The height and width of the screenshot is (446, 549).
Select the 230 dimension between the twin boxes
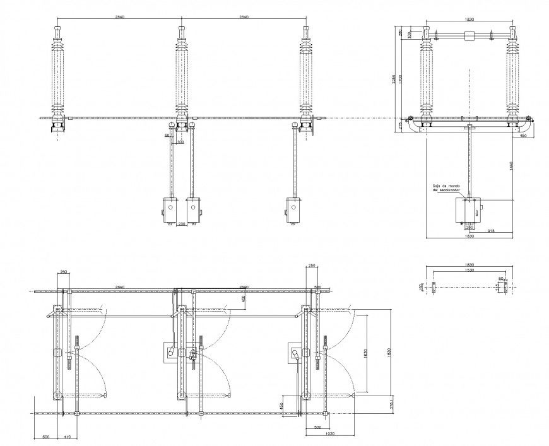coord(182,223)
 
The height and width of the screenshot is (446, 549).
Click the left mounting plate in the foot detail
coord(434,287)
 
